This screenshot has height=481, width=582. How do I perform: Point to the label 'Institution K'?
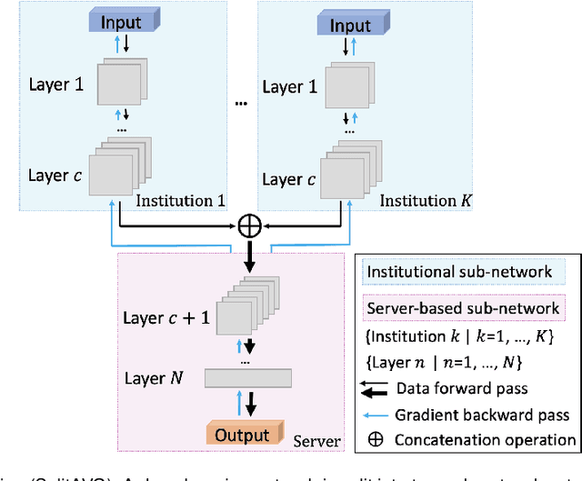[419, 198]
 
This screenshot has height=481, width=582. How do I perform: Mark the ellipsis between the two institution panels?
[241, 104]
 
